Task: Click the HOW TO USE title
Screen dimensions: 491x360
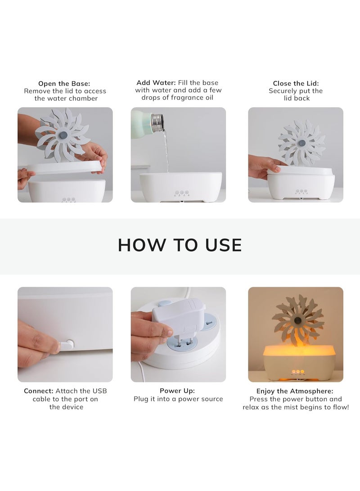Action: point(180,245)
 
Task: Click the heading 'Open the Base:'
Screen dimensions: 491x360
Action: point(64,83)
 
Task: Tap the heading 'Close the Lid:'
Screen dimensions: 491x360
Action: point(296,83)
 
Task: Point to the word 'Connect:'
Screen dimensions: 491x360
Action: point(39,391)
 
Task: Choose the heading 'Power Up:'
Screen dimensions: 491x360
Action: point(177,391)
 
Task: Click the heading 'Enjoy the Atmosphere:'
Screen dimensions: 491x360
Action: point(295,391)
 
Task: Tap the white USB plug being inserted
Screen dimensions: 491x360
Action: point(67,345)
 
